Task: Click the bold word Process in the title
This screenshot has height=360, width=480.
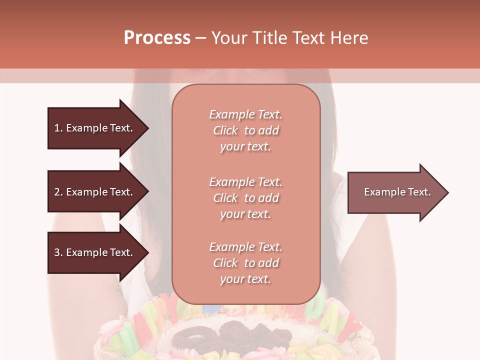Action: tap(157, 38)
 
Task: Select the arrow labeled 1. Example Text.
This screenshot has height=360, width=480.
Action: tap(95, 128)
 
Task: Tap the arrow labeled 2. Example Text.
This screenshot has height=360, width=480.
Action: tap(95, 192)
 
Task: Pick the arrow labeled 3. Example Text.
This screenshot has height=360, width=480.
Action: tap(95, 252)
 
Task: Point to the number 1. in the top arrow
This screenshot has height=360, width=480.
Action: tap(58, 128)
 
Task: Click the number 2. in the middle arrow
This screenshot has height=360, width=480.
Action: tap(58, 192)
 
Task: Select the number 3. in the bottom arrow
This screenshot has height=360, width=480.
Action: tap(58, 252)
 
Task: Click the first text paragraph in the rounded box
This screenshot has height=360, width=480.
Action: tap(245, 130)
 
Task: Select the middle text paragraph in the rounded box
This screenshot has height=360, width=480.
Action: tap(245, 198)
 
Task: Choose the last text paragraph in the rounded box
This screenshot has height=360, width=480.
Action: tap(245, 263)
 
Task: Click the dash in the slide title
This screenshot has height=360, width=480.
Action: tap(200, 38)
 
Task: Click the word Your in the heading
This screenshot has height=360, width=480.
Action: tap(229, 38)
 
